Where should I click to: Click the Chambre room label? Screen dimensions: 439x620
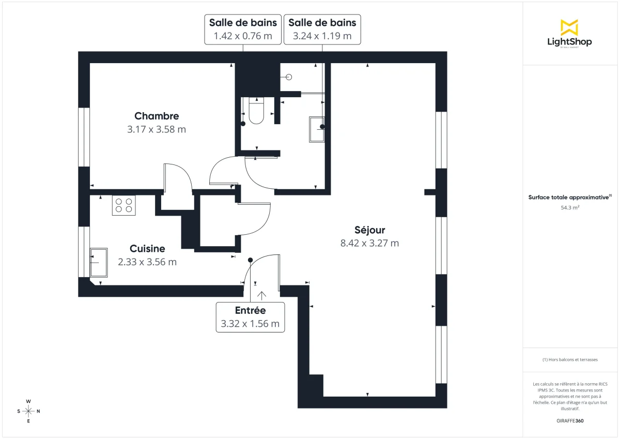157,116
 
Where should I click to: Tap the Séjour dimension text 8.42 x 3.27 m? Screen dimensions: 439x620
369,243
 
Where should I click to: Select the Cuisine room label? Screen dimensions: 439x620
147,249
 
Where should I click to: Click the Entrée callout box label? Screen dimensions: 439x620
250,310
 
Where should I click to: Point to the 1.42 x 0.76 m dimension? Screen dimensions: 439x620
243,36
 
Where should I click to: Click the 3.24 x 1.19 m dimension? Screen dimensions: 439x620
322,36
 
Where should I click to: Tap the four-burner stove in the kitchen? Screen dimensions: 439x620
123,205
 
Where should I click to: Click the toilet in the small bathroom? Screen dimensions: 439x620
256,111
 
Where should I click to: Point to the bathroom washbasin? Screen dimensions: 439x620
316,129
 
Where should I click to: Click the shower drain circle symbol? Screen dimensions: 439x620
289,77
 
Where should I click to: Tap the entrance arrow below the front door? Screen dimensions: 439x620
262,295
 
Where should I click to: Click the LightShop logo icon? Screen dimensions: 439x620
569,27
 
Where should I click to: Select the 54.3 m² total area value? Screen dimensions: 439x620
569,207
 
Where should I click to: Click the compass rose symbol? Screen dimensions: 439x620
28,411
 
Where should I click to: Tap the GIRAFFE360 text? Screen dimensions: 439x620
570,421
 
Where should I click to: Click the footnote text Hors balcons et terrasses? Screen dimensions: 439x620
570,359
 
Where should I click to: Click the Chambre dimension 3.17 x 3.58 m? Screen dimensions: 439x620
157,129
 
